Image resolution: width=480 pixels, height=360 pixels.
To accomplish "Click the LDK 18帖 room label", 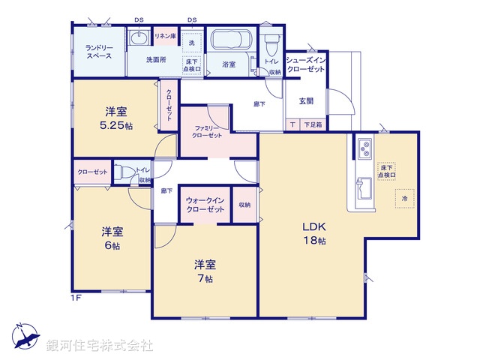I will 313,232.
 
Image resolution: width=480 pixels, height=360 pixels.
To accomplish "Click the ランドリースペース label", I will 98,52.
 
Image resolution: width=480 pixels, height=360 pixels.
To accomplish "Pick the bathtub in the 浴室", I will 232,40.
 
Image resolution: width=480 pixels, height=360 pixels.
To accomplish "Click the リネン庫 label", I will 165,36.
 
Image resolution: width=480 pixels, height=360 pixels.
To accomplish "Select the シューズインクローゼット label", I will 305,64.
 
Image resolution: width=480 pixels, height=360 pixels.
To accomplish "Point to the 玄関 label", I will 306,100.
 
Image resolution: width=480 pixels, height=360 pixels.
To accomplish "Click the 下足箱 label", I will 312,125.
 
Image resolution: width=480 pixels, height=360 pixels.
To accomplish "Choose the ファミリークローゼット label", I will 206,132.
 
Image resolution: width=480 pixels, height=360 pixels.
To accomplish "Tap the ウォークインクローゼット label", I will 205,205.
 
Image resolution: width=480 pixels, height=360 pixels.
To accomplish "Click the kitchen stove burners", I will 362,148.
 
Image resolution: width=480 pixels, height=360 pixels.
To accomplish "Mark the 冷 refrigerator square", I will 404,199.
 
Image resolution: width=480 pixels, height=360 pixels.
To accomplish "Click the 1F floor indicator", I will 76,297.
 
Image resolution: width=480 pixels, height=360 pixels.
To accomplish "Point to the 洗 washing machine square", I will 190,43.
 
